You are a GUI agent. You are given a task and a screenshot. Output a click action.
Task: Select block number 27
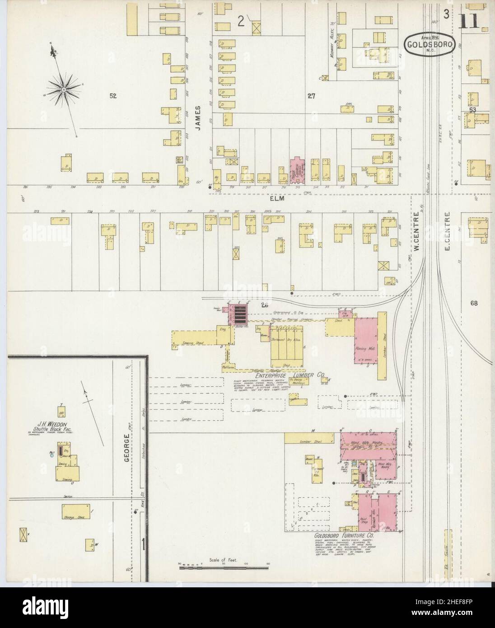pos(311,95)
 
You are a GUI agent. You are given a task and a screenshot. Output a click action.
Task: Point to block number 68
pos(473,303)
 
